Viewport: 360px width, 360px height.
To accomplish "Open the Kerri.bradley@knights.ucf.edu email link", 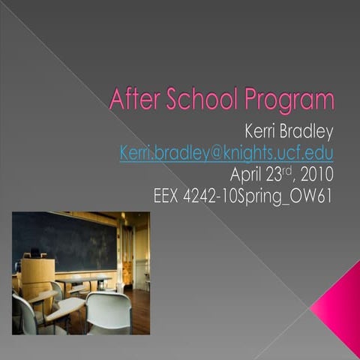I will pyautogui.click(x=226, y=153).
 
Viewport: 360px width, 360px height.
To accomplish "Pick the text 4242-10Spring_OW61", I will pyautogui.click(x=263, y=197).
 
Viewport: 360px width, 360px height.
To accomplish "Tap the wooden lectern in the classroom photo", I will pyautogui.click(x=37, y=274).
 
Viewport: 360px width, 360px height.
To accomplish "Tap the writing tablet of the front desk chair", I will pyautogui.click(x=66, y=307).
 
